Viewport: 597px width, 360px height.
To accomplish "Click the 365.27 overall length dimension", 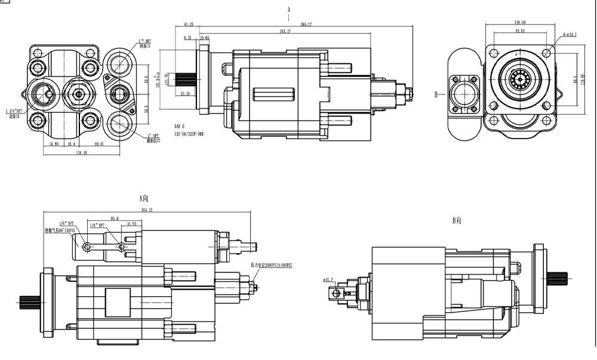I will [307, 24].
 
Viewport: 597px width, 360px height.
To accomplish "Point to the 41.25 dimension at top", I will [189, 24].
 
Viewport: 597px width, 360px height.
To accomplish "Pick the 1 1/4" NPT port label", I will [14, 112].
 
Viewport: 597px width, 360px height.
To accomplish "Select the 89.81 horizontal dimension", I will [519, 30].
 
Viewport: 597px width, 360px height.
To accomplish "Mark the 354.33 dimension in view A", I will [147, 210].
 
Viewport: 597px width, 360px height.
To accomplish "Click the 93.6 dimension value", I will [115, 219].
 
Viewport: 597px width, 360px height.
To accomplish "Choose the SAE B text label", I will [180, 127].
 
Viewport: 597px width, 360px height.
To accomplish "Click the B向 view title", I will [457, 221].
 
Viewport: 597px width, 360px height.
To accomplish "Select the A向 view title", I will [144, 198].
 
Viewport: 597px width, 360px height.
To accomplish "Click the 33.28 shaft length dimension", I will [184, 94].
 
